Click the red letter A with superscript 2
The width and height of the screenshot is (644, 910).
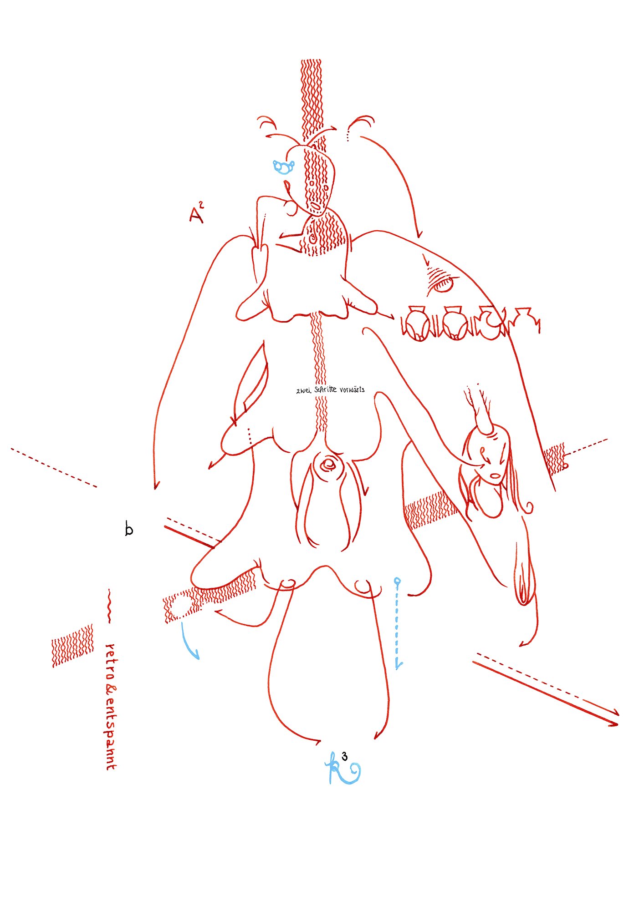point(196,214)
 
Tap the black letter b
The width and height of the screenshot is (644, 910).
point(129,529)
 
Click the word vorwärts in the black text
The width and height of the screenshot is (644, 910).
point(352,389)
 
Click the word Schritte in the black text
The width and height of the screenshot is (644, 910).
point(325,389)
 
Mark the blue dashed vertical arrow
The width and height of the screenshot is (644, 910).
point(398,623)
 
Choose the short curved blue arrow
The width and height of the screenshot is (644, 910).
point(189,642)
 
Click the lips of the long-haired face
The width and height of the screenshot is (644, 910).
point(495,476)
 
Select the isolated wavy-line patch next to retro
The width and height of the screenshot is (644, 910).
point(73,645)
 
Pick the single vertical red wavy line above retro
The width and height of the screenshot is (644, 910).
point(109,606)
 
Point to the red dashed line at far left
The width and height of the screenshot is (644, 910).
point(54,468)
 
